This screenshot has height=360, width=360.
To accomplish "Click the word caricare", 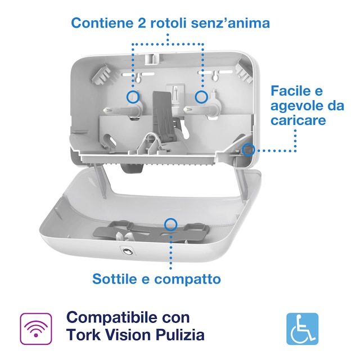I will [x=298, y=120].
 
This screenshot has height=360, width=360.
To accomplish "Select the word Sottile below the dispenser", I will [x=114, y=278].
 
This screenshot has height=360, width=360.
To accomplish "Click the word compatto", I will [x=188, y=279].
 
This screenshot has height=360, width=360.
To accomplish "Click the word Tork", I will [x=83, y=336].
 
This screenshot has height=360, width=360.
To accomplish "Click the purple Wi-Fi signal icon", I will [x=36, y=328].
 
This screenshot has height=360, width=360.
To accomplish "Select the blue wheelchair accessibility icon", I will [x=303, y=328].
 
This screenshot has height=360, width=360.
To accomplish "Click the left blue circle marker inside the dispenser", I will [x=133, y=97].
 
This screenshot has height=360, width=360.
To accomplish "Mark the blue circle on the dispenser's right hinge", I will [x=248, y=149].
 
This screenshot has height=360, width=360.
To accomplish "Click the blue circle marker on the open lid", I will [x=171, y=224].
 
